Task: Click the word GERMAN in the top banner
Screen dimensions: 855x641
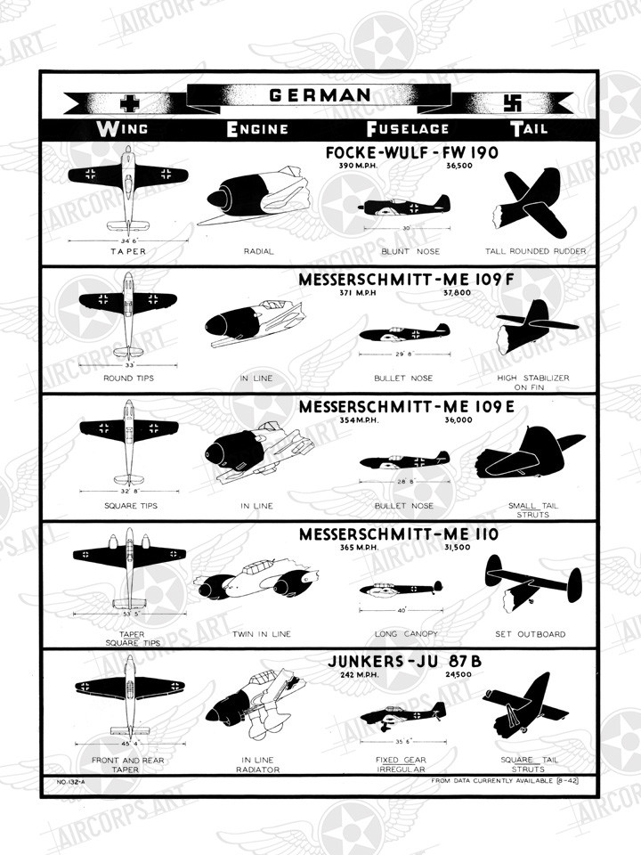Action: (320, 95)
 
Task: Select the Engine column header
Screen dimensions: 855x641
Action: (257, 128)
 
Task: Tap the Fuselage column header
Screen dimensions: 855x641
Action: (408, 128)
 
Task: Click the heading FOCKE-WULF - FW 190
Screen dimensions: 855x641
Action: (412, 152)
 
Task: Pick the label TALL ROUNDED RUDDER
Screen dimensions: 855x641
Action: (542, 251)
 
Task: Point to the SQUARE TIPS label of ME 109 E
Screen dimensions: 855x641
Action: (131, 506)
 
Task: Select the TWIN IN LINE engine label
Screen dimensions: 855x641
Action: (261, 635)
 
